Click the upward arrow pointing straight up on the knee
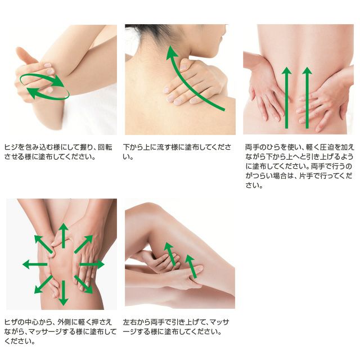[x=64, y=236]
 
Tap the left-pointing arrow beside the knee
[x=35, y=264]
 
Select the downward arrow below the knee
[x=64, y=292]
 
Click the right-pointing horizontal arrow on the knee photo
[x=92, y=264]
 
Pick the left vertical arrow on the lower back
[x=286, y=97]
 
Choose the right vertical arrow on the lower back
[x=307, y=97]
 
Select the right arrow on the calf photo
[x=191, y=266]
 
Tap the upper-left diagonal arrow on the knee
[x=44, y=245]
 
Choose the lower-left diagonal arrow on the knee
[x=44, y=284]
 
